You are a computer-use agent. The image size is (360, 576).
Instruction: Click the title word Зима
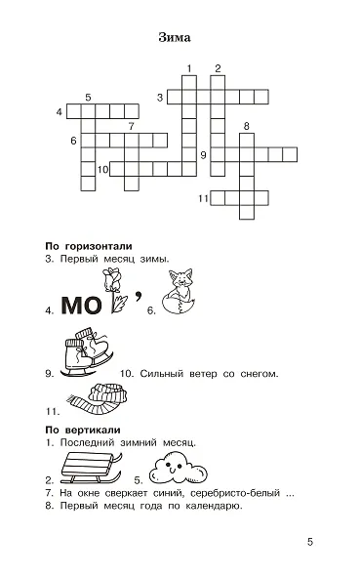coord(173,38)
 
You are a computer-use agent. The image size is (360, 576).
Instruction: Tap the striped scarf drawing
coord(95,401)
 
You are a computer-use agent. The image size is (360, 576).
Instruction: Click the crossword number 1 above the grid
coord(187,67)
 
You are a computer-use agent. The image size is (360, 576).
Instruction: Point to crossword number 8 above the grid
coord(246,126)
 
